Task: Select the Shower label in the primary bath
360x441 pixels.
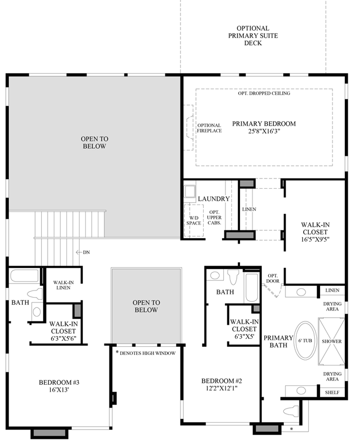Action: click(332, 342)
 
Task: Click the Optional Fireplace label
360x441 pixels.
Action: click(209, 128)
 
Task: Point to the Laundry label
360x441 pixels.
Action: click(214, 199)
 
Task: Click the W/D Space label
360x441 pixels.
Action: click(194, 220)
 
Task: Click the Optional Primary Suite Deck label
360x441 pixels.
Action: click(252, 36)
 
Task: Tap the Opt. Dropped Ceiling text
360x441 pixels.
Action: click(264, 93)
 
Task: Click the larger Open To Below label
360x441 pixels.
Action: click(95, 142)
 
